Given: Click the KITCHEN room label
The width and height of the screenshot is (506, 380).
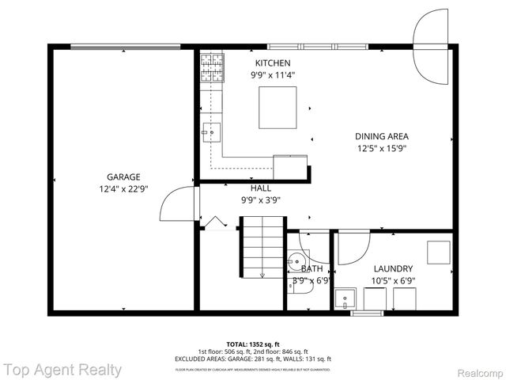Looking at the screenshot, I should (x=272, y=63).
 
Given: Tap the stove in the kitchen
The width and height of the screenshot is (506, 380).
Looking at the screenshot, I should (x=211, y=62).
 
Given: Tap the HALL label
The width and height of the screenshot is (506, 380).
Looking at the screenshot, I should (x=261, y=188).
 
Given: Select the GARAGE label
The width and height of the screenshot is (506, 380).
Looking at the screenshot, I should (x=123, y=177).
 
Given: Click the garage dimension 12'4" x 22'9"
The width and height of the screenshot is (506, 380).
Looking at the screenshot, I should (x=123, y=189).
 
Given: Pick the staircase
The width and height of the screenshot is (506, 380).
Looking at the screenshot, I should (x=261, y=247).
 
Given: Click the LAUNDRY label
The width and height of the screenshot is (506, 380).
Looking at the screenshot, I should (x=393, y=268).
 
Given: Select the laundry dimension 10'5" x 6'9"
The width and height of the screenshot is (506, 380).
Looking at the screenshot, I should (x=393, y=281).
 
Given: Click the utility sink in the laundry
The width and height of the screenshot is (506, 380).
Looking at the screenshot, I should (x=345, y=298).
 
